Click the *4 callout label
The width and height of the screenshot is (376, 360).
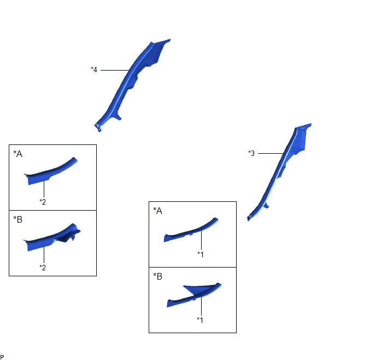[x=94, y=69]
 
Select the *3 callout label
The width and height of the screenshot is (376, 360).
[x=251, y=153]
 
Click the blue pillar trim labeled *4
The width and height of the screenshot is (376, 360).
[x=130, y=82]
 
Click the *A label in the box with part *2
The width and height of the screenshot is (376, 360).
[x=17, y=154]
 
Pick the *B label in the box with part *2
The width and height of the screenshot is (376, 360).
[x=17, y=219]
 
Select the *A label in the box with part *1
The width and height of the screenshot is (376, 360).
[x=158, y=211]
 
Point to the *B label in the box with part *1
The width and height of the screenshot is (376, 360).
[x=158, y=276]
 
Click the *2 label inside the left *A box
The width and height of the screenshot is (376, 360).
[x=43, y=202]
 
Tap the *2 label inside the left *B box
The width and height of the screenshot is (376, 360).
[x=43, y=268]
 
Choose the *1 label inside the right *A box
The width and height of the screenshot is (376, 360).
[x=201, y=254]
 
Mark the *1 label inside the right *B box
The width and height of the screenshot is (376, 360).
[x=200, y=320]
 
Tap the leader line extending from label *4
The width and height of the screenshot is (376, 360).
[x=115, y=70]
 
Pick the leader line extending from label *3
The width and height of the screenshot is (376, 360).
[x=271, y=153]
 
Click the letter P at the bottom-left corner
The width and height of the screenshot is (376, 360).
[x=2, y=357]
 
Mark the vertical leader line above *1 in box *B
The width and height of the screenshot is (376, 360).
[x=201, y=306]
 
